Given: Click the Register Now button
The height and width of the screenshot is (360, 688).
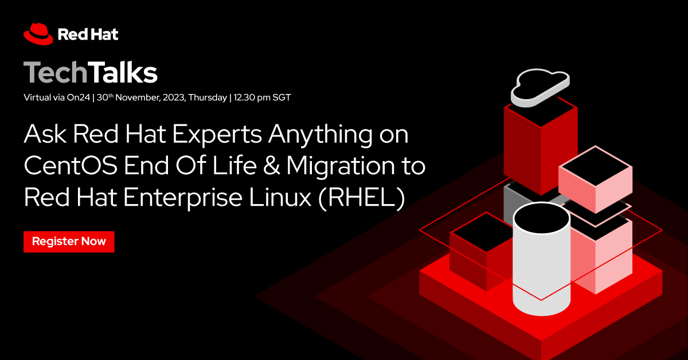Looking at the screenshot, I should pos(69,241).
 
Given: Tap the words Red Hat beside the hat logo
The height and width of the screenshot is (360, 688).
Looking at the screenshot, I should pos(88,34).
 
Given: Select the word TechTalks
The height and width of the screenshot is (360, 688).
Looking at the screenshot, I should pos(90,73).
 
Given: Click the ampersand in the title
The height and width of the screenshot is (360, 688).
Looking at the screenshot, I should pos(268,167).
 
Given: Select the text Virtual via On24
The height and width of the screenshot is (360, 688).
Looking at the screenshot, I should pos(57,97).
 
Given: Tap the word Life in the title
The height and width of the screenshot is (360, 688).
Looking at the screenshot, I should pos(237,167).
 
